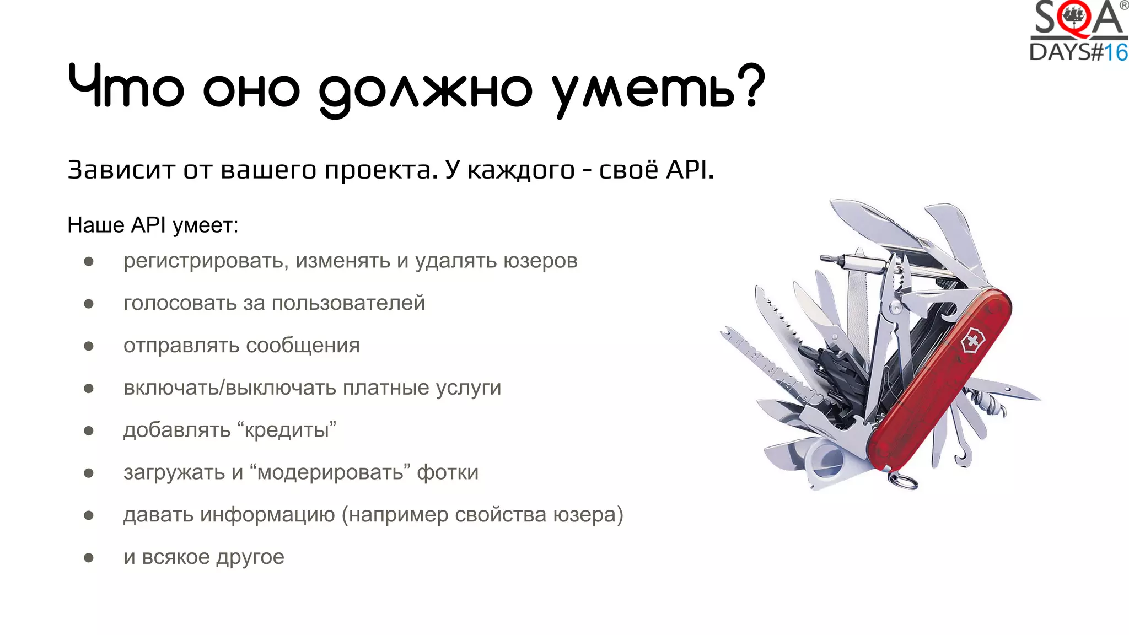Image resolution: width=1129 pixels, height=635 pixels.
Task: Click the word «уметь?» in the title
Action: [659, 88]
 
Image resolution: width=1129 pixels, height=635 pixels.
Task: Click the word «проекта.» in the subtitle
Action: [381, 170]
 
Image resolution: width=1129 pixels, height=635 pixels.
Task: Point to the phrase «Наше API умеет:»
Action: [153, 225]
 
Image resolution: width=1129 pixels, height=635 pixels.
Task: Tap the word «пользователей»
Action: [348, 303]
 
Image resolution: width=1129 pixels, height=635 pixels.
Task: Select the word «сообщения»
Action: [303, 346]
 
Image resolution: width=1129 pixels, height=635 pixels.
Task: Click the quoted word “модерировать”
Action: [330, 472]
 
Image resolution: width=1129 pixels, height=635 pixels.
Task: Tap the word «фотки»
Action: [448, 472]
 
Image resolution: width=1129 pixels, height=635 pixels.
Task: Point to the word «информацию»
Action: [267, 515]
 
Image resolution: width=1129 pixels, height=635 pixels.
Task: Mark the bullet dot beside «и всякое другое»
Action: [89, 557]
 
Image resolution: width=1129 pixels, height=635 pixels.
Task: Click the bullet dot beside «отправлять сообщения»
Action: [89, 346]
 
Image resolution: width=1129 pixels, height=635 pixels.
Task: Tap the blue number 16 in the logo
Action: [1116, 52]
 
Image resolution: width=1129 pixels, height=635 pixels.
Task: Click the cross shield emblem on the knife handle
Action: [972, 341]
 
